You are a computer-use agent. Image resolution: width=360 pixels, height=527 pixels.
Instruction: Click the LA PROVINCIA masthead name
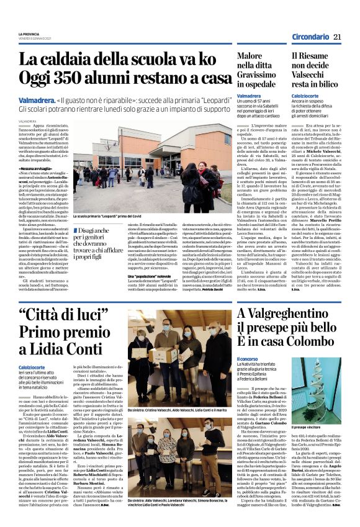[29, 34]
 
